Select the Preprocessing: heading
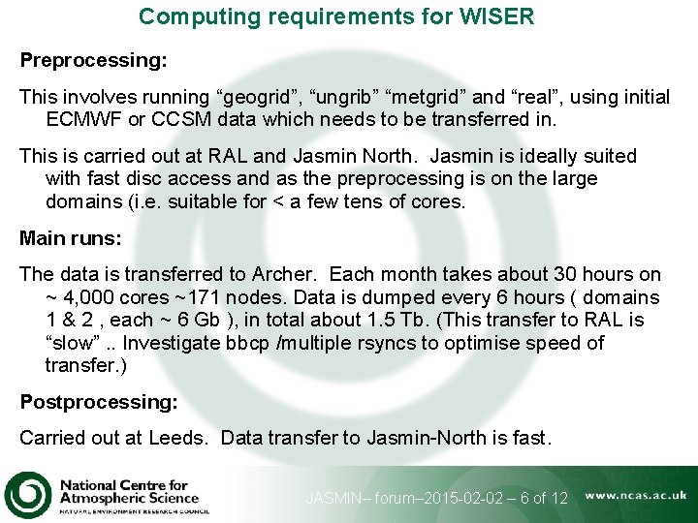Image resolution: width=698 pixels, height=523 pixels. pos(93,60)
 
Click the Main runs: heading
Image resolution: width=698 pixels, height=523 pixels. pos(70,238)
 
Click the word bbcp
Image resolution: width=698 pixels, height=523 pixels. pos(251,343)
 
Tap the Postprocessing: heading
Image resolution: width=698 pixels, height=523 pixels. pos(100,402)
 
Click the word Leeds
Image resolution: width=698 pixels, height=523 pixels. pos(177,438)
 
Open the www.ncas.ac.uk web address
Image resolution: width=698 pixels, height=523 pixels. pos(636,495)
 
